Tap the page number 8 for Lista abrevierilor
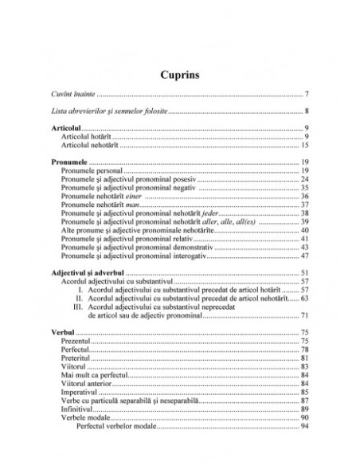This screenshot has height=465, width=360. click(x=307, y=111)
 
